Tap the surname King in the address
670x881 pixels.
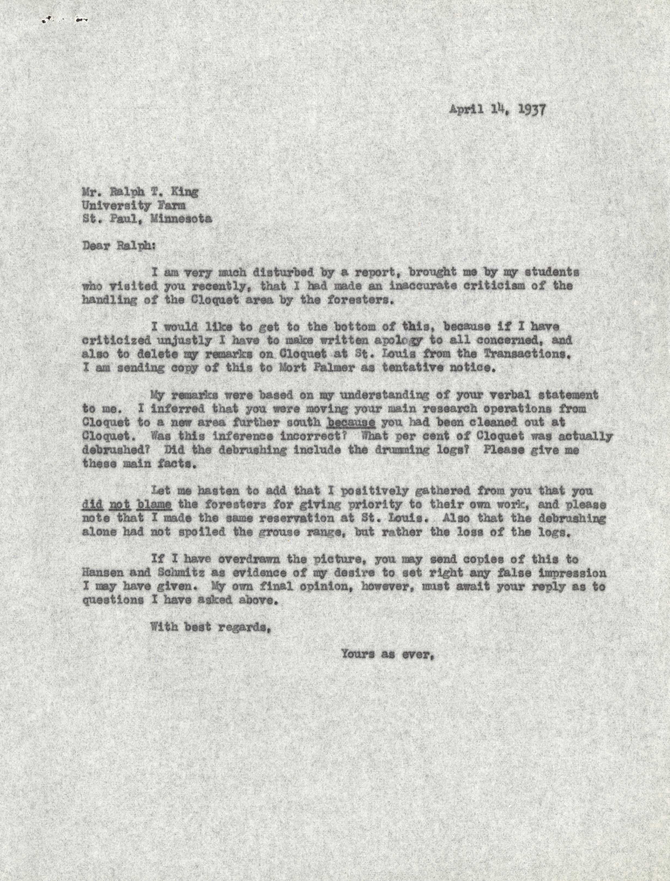pos(184,192)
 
